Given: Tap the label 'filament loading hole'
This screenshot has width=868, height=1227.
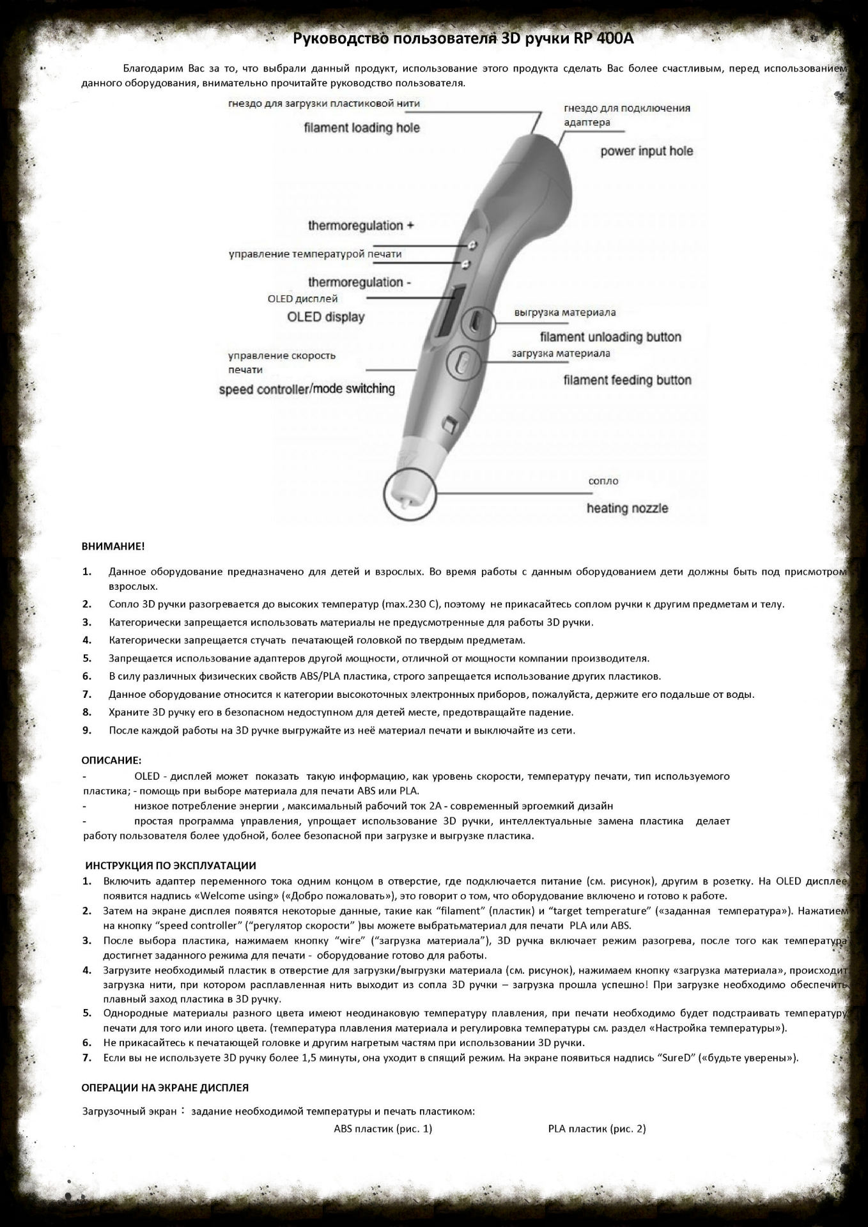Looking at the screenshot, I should pyautogui.click(x=362, y=128).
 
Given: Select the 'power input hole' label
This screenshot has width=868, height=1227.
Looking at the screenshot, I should pyautogui.click(x=646, y=151).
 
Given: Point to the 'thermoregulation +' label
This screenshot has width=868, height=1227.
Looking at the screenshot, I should pyautogui.click(x=361, y=226).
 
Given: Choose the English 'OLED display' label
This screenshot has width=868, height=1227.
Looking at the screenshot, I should pyautogui.click(x=325, y=317).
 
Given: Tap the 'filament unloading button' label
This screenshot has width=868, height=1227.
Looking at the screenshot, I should pyautogui.click(x=610, y=337).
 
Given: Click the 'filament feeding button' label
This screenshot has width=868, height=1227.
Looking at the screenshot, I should pyautogui.click(x=627, y=380).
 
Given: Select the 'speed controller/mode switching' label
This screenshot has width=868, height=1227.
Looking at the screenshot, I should pyautogui.click(x=307, y=389).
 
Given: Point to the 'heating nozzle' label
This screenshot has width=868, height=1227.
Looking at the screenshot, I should pyautogui.click(x=627, y=509).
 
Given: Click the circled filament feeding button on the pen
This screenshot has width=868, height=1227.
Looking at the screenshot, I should pyautogui.click(x=463, y=362).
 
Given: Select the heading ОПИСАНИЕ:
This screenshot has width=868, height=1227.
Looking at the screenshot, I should pyautogui.click(x=111, y=760).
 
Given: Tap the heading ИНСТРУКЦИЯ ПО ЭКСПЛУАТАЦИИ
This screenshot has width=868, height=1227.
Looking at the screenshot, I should pyautogui.click(x=171, y=865).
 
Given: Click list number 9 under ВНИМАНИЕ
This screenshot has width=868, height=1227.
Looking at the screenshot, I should pyautogui.click(x=87, y=730).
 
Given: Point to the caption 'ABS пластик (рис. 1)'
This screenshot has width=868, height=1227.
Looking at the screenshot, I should pyautogui.click(x=383, y=1129).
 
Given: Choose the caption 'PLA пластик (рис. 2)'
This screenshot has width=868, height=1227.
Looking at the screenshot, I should pyautogui.click(x=597, y=1129).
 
